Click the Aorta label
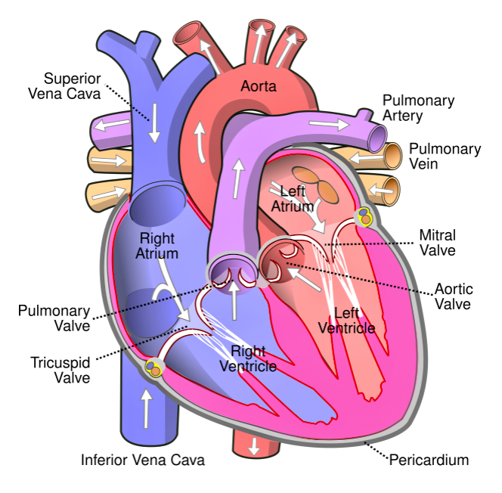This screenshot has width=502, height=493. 259,86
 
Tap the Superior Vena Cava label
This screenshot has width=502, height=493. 65,86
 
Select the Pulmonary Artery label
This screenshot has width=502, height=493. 418,108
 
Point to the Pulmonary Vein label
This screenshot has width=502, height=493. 445,157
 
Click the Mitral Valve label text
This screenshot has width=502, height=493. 438,243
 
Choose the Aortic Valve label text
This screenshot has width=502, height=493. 454,296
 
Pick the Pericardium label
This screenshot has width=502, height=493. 429,460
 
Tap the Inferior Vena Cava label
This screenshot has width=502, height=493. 143,460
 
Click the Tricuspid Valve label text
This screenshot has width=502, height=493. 60,370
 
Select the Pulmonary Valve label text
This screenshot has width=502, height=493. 54,318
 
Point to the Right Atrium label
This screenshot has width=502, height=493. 157,246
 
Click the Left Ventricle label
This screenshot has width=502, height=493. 347,321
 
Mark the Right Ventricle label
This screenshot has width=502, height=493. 249,358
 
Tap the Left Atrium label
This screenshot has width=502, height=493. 293,199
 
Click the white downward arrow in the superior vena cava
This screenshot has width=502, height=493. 155,123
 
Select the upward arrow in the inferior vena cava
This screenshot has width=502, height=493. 147,409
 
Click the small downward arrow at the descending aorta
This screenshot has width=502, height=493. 254,446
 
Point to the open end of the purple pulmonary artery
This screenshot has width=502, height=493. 377,139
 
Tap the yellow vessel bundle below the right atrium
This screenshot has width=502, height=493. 153,367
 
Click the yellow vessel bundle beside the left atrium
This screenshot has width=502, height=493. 365,217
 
